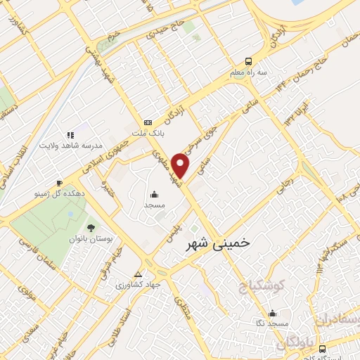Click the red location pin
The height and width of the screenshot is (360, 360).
[x=181, y=165]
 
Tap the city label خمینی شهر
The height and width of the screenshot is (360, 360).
[x=217, y=244]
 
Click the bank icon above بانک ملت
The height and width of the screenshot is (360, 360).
[x=147, y=122]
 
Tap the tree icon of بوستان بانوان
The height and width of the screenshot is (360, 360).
[x=91, y=226]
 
